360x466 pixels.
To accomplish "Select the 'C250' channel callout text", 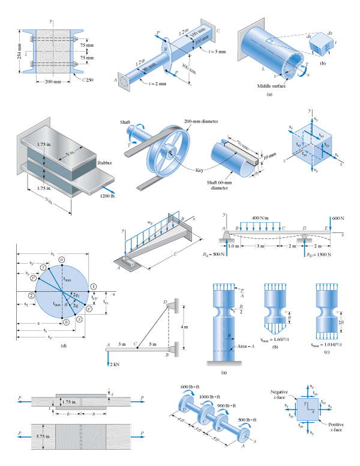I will (88, 80).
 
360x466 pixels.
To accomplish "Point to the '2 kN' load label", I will (115, 364).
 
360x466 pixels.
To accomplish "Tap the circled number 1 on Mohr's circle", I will (94, 285).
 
